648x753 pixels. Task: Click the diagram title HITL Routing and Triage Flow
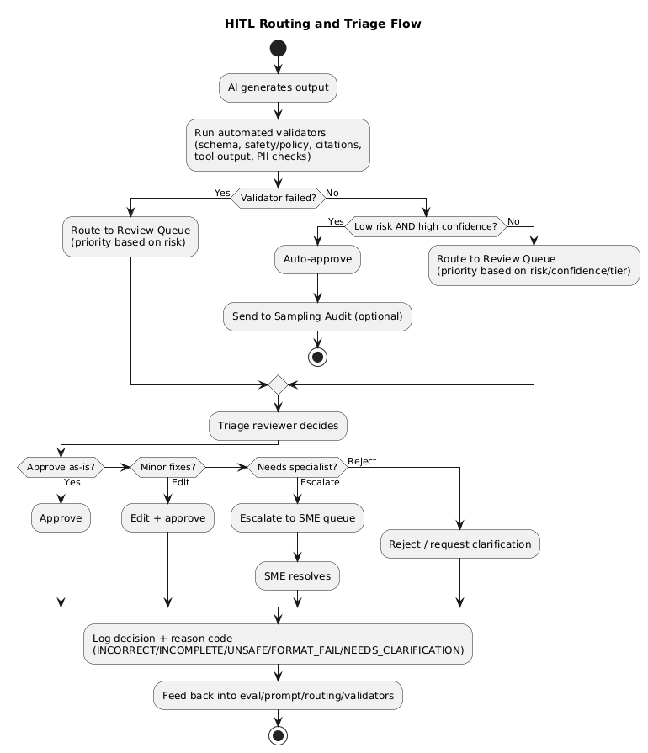click(323, 24)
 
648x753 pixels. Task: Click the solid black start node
click(277, 48)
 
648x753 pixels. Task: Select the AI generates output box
click(278, 87)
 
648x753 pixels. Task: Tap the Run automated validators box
click(278, 145)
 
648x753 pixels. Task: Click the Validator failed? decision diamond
click(278, 199)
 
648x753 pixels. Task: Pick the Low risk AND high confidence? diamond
click(426, 225)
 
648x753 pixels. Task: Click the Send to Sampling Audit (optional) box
click(317, 316)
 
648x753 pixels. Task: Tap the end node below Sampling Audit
click(317, 356)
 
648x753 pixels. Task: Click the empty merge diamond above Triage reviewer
click(277, 384)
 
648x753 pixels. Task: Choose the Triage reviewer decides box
click(278, 426)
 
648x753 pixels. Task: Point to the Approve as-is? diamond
click(61, 466)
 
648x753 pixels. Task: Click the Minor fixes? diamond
click(167, 466)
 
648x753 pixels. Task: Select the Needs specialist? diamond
click(297, 466)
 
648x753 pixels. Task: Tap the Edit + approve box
click(167, 518)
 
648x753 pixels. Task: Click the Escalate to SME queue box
click(297, 518)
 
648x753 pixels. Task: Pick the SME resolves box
click(297, 575)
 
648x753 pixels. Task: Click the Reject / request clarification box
click(460, 544)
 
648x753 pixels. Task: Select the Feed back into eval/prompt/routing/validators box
click(278, 696)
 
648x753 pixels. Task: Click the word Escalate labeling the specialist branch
click(320, 482)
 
